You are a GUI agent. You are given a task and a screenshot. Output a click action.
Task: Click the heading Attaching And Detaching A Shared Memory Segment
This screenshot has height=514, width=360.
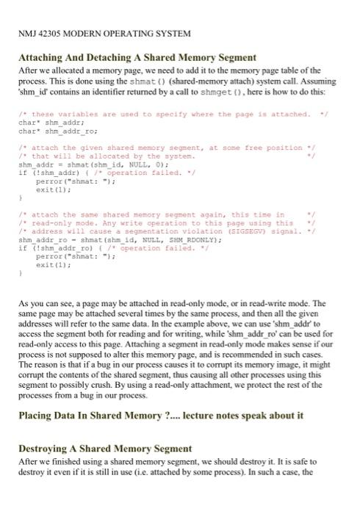coord(137,57)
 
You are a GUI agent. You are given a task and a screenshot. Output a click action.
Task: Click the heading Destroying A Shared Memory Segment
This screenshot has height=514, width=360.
coord(105,448)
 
